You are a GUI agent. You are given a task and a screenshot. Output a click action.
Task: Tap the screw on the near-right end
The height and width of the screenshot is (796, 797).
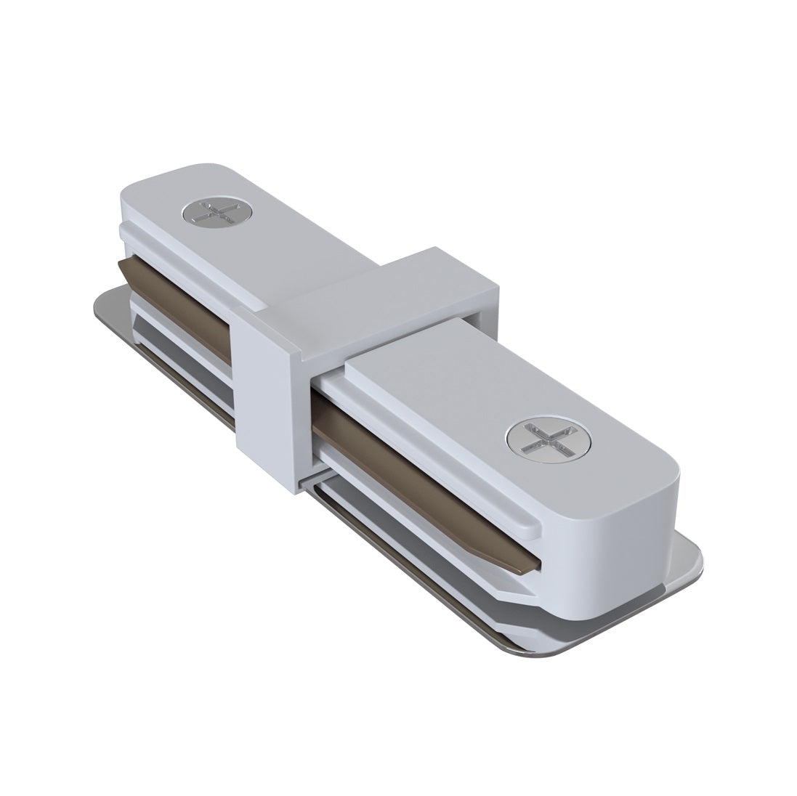click(x=549, y=442)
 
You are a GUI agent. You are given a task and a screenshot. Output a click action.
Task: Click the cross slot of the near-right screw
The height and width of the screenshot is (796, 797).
click(x=549, y=442)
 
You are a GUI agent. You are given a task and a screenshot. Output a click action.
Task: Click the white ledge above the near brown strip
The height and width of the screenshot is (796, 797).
click(x=436, y=436)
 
